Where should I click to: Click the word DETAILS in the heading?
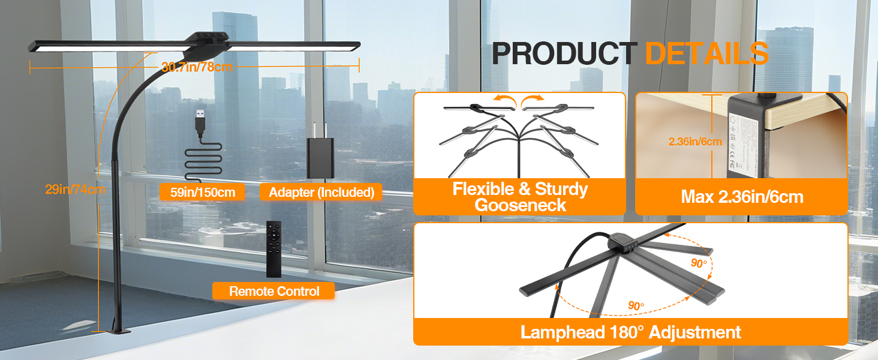tap(706, 53)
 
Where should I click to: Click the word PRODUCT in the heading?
tap(564, 53)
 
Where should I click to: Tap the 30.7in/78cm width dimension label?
tap(197, 67)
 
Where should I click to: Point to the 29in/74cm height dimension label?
tap(76, 190)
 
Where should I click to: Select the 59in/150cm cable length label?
tap(202, 192)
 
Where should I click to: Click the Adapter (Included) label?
tap(321, 192)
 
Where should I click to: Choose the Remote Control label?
tap(273, 292)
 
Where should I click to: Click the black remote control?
tap(273, 249)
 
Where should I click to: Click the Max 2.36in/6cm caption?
tap(741, 197)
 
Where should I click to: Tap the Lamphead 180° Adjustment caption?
tap(630, 332)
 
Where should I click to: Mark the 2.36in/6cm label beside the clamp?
tap(695, 142)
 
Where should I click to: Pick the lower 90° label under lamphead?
tap(636, 305)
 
